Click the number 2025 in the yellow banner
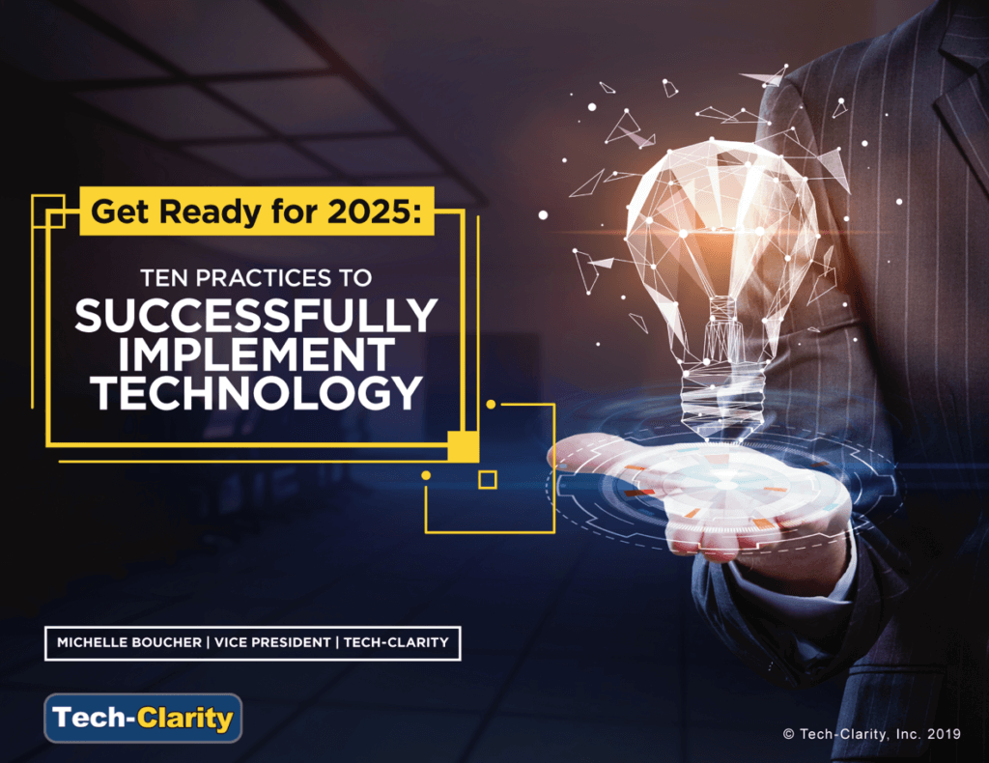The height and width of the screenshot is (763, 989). point(370,212)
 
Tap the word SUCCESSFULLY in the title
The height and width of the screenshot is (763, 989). point(256,315)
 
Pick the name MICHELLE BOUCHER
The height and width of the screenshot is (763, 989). point(129,642)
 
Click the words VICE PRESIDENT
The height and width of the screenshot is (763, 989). point(272,642)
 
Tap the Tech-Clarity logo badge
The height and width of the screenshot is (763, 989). point(143,719)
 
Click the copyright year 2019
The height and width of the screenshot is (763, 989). point(944,734)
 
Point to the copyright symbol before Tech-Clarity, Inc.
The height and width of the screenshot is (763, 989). point(788,734)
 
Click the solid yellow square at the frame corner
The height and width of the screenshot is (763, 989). point(463,446)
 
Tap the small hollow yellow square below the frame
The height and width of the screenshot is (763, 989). point(488,480)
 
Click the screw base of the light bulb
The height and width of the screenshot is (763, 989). point(722,397)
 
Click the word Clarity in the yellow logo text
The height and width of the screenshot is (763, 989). point(184,719)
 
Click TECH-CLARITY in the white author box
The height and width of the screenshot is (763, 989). point(396,642)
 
